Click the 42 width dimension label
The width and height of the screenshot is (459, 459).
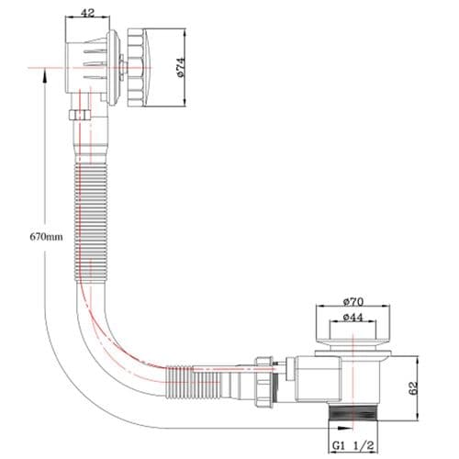point(88,14)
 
